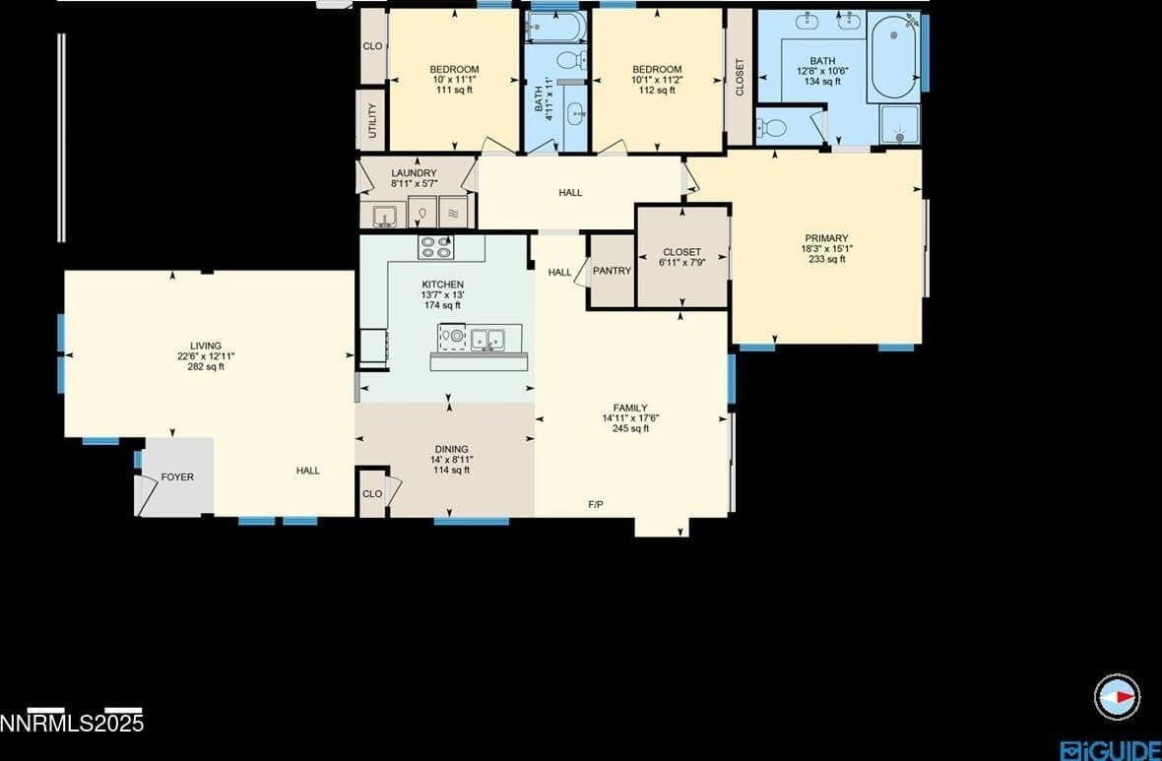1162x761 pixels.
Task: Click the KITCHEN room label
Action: (x=442, y=285)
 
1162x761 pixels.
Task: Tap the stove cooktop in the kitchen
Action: (x=435, y=247)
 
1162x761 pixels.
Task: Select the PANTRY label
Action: (x=612, y=271)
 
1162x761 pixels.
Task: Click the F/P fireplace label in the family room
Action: (x=595, y=504)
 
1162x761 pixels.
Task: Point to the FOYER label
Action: (x=177, y=477)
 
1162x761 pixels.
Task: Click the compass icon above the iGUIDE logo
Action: (x=1117, y=697)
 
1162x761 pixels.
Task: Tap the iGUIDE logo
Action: (x=1110, y=750)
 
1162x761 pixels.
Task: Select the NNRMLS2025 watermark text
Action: (x=72, y=724)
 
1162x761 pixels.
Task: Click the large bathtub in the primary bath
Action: (x=893, y=56)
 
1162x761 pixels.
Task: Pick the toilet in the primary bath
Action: (x=773, y=127)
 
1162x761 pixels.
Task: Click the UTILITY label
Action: (x=372, y=120)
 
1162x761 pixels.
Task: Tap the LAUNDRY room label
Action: (x=414, y=173)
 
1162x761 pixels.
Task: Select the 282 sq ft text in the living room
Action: (x=205, y=367)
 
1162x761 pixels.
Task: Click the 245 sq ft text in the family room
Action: (x=630, y=428)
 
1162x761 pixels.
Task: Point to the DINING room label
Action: (x=451, y=449)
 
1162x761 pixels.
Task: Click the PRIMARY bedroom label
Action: (x=825, y=238)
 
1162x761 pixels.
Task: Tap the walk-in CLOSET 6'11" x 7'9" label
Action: (x=681, y=252)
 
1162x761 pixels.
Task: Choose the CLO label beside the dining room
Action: (x=371, y=494)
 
